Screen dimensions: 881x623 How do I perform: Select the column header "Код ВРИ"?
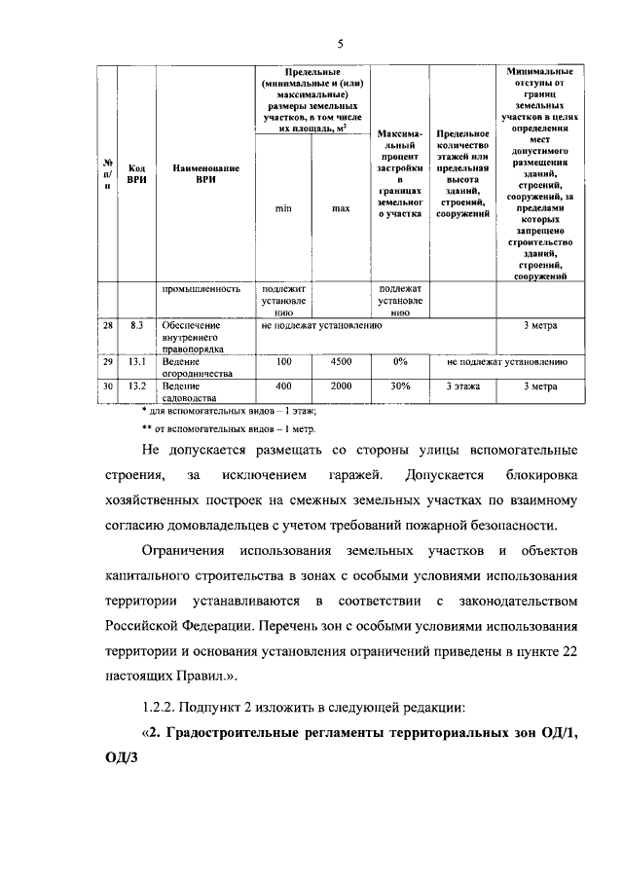tap(137, 173)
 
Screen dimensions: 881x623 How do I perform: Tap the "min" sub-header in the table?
tap(283, 207)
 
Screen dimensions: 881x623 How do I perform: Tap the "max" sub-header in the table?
tap(341, 207)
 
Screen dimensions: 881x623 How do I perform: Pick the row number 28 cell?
tap(107, 326)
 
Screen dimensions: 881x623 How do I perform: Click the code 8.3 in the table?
tap(137, 326)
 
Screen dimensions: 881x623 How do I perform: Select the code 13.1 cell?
tap(137, 362)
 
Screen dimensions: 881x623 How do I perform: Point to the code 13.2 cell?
tap(137, 386)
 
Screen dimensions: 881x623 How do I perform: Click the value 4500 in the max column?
tap(341, 362)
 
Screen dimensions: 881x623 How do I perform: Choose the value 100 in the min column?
tap(283, 362)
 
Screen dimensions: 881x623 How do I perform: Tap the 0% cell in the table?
tap(399, 362)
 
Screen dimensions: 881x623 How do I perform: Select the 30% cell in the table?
tap(399, 386)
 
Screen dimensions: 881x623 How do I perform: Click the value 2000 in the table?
tap(341, 386)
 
